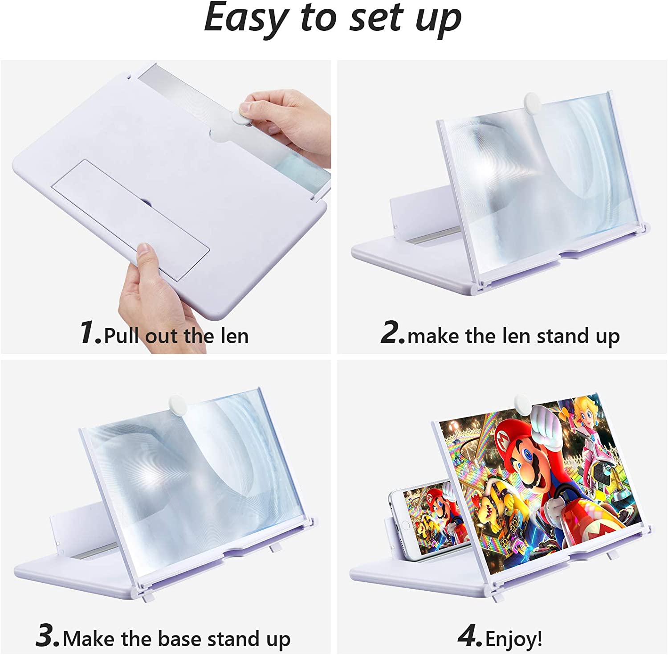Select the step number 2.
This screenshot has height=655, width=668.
(392, 333)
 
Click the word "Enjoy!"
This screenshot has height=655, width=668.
(514, 639)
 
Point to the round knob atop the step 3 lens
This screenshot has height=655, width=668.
(176, 405)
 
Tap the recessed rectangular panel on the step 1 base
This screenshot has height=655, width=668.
(130, 220)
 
